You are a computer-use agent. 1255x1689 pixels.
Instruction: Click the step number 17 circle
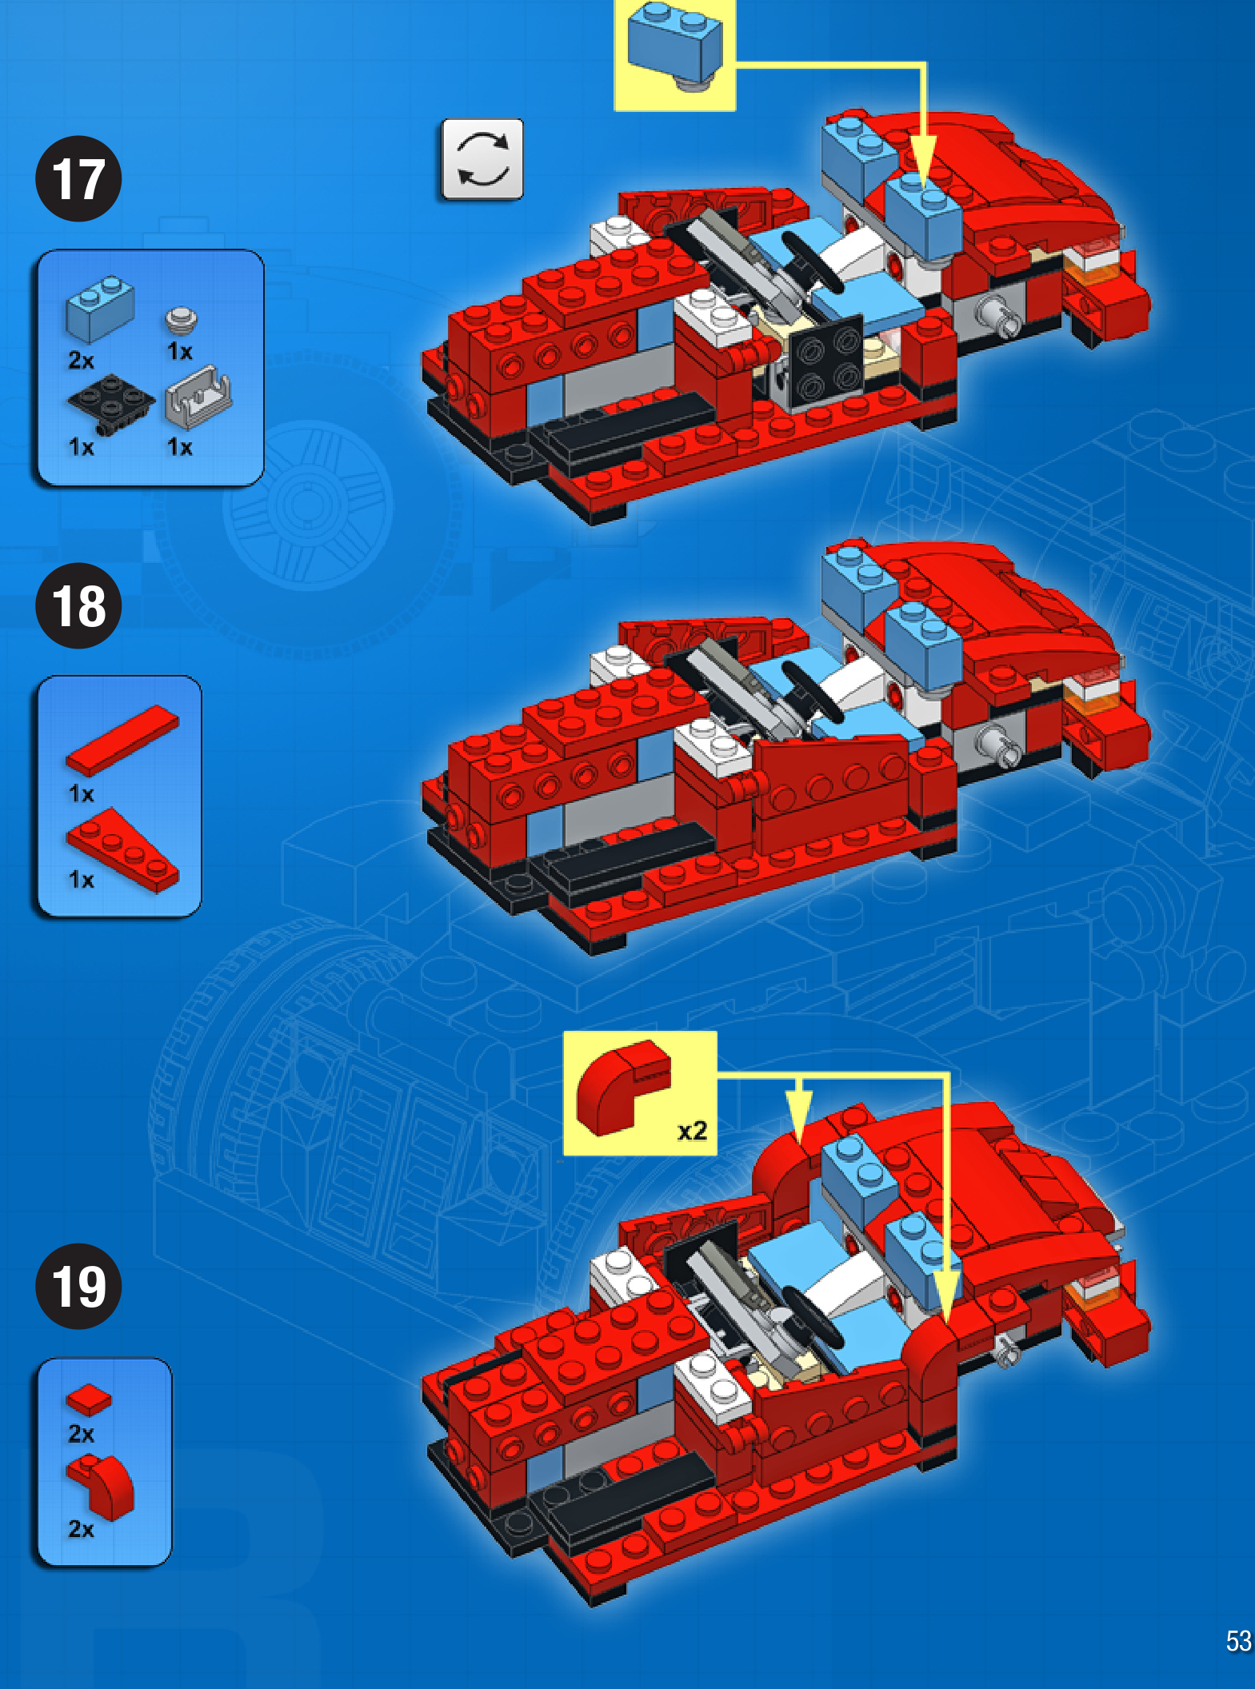(x=78, y=178)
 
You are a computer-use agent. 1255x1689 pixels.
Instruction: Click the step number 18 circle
(x=78, y=605)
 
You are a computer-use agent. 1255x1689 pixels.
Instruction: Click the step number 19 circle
(x=78, y=1287)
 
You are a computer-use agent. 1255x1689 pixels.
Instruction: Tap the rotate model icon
(x=482, y=159)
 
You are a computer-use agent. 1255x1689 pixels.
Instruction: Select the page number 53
(x=1238, y=1641)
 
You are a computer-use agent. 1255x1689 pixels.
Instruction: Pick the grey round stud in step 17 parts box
(x=182, y=320)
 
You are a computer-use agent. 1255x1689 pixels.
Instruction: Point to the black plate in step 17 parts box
(x=110, y=405)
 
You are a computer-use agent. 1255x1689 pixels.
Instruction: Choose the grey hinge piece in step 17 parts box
(x=198, y=396)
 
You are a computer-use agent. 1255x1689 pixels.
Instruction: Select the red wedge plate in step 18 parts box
(x=122, y=850)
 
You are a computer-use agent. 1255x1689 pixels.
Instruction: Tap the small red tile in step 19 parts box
(x=89, y=1400)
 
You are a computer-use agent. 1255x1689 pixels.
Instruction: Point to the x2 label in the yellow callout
(x=693, y=1131)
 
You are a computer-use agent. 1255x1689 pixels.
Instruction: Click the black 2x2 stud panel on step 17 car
(x=826, y=359)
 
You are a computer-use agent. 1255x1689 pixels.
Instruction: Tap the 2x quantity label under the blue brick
(x=81, y=360)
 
